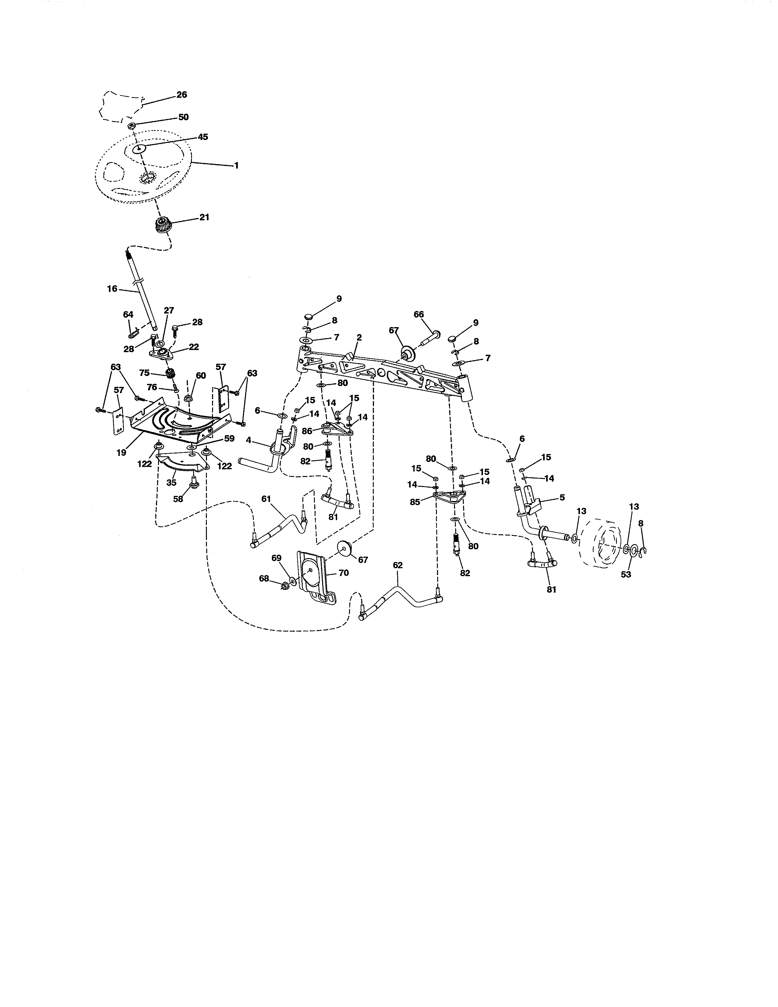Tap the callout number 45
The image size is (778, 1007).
[x=203, y=137]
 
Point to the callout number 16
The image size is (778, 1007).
[x=112, y=289]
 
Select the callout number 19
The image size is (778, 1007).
[x=121, y=453]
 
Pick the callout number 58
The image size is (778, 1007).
[x=178, y=499]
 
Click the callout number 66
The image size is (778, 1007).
[x=419, y=314]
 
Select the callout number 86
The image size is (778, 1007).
[x=307, y=431]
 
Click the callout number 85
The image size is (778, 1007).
[x=415, y=502]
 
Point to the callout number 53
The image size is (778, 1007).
[x=625, y=575]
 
